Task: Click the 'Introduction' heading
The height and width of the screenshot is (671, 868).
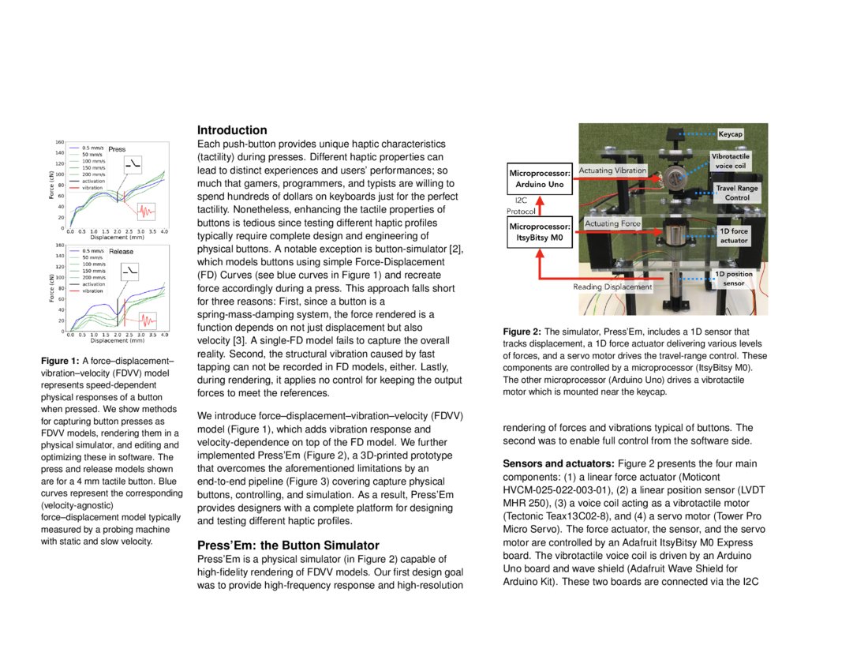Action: (x=232, y=130)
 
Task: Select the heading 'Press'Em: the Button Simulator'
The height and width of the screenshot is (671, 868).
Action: (x=288, y=545)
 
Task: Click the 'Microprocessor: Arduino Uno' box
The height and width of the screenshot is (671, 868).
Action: (x=540, y=178)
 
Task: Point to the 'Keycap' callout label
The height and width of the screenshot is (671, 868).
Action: (x=730, y=135)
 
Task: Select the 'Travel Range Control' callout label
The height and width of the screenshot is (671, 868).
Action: (x=737, y=193)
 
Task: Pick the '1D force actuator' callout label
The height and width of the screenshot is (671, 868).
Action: (x=733, y=235)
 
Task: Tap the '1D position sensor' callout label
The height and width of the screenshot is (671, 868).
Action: (x=733, y=279)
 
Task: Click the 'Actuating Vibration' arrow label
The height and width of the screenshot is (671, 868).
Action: (x=612, y=171)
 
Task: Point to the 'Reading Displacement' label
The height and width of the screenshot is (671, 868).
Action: (x=612, y=287)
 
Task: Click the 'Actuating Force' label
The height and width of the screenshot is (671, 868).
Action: (x=612, y=224)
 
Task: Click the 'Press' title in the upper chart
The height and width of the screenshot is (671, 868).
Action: (x=117, y=148)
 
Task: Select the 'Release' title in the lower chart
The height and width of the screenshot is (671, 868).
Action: (x=121, y=251)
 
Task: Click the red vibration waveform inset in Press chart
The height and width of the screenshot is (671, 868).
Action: (x=145, y=211)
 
